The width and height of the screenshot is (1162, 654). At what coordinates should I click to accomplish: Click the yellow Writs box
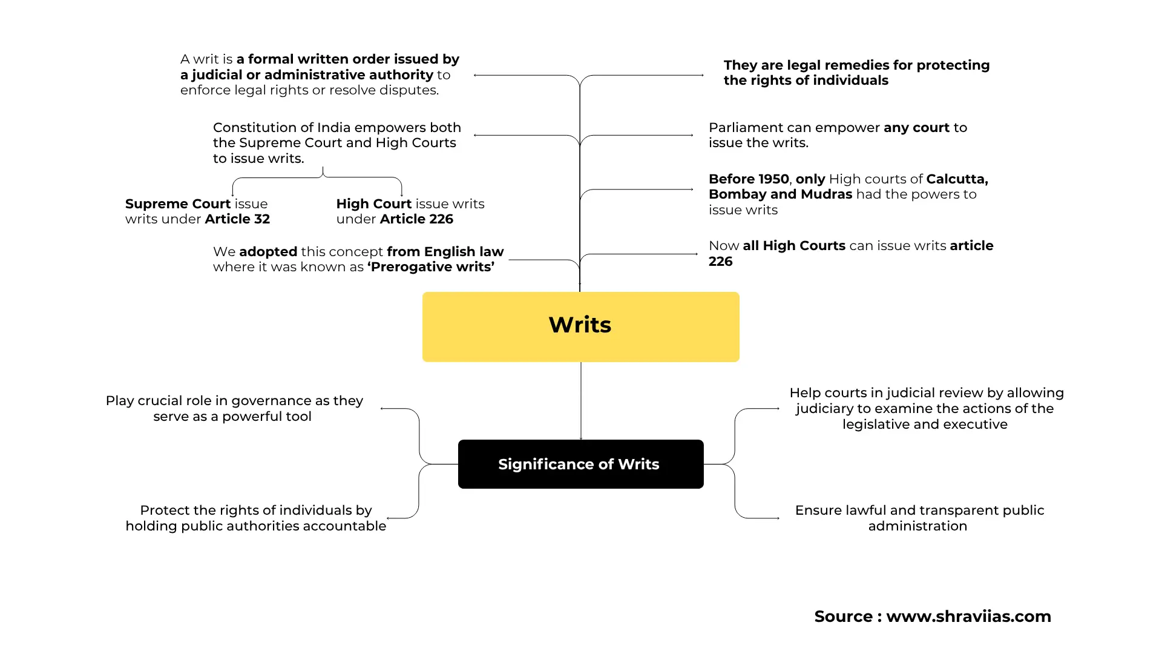tap(580, 326)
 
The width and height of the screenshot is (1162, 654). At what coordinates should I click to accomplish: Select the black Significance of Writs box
tap(580, 464)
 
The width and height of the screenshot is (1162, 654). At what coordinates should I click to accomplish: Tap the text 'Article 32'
tap(237, 219)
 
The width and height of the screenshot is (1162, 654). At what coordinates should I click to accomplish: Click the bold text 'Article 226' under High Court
tap(416, 219)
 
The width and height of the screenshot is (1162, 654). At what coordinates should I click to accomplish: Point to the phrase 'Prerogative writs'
tap(431, 267)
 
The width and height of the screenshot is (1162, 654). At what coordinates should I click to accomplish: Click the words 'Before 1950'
tap(749, 179)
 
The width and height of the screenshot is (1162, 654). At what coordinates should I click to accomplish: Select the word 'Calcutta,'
tap(957, 179)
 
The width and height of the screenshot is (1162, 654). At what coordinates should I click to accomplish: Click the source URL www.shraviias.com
tap(968, 616)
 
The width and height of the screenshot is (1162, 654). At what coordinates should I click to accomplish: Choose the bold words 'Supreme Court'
tap(178, 204)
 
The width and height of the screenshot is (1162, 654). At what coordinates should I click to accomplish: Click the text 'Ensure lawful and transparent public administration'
tap(919, 518)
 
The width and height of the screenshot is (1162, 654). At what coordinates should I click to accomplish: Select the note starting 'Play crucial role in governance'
tap(234, 408)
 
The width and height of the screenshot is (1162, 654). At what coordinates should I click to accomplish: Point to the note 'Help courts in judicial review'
tap(926, 408)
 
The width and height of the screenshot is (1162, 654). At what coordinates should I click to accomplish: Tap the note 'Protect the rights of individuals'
tap(255, 518)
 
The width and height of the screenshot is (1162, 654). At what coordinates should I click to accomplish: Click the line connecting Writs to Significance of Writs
tap(581, 400)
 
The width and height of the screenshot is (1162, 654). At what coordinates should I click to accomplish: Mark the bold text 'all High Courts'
tap(794, 246)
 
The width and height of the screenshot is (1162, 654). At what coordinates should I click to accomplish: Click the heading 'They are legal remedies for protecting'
tap(856, 65)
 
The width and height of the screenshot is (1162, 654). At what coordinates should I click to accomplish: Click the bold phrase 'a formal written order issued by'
tap(347, 59)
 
